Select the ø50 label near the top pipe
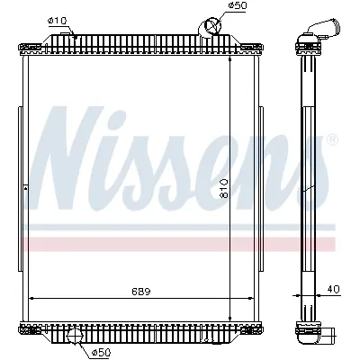[237, 6]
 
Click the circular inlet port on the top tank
[211, 26]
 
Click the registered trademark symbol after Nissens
[334, 140]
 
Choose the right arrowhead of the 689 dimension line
[253, 298]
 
